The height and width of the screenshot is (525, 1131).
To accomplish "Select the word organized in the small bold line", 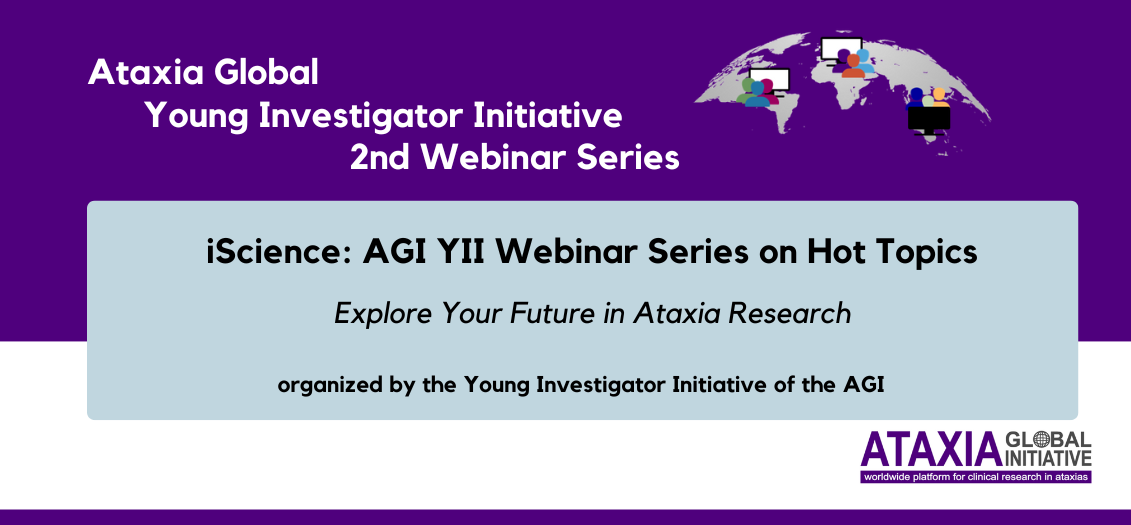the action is pyautogui.click(x=322, y=385).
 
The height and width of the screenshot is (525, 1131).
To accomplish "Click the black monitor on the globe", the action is pyautogui.click(x=929, y=120).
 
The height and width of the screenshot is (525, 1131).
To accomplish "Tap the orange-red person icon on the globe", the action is pyautogui.click(x=853, y=67).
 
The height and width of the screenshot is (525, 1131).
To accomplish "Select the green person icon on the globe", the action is pyautogui.click(x=745, y=90).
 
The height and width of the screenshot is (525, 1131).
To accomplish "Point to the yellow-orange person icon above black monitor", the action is pyautogui.click(x=938, y=97).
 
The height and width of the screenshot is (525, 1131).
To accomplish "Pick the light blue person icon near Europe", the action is pyautogui.click(x=864, y=61).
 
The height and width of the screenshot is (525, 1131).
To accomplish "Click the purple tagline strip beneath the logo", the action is pyautogui.click(x=976, y=477).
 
